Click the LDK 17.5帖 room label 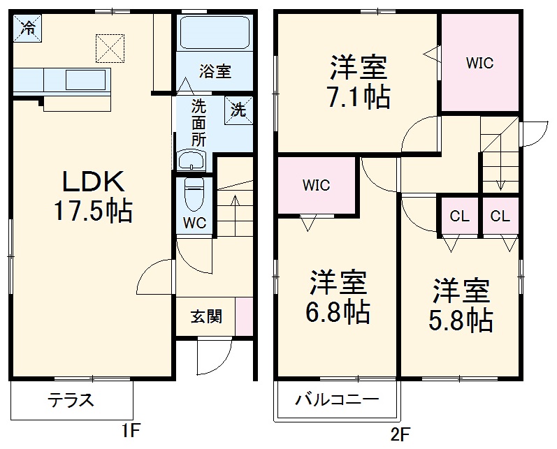[x=94, y=196]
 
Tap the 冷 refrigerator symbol [x=28, y=28]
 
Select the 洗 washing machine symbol [x=238, y=110]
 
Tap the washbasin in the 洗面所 [x=190, y=161]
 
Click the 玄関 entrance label [x=207, y=317]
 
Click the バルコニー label [x=336, y=402]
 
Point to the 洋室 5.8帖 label [x=461, y=304]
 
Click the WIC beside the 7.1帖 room [x=479, y=64]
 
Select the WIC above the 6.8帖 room [x=316, y=186]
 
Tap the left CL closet [x=459, y=216]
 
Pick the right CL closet [x=500, y=216]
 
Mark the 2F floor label [x=399, y=434]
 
